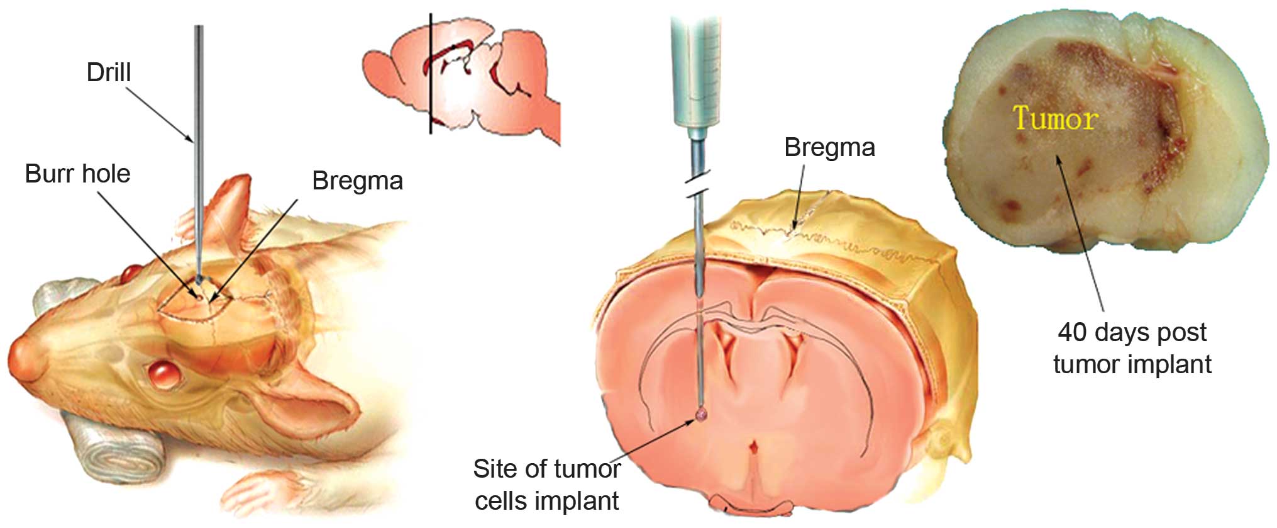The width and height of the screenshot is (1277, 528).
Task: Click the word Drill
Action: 109,72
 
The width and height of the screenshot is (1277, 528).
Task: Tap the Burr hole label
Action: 77,174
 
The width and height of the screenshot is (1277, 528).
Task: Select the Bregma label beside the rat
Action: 357,181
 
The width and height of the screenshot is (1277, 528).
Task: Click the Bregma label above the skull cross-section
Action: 829,147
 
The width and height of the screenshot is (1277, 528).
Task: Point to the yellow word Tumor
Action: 1056,118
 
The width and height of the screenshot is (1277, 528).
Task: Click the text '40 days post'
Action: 1132,332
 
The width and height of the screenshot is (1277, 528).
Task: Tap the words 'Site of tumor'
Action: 546,469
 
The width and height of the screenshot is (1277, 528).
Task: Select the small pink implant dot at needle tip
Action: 701,414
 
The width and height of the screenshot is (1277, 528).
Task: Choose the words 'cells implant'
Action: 546,501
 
